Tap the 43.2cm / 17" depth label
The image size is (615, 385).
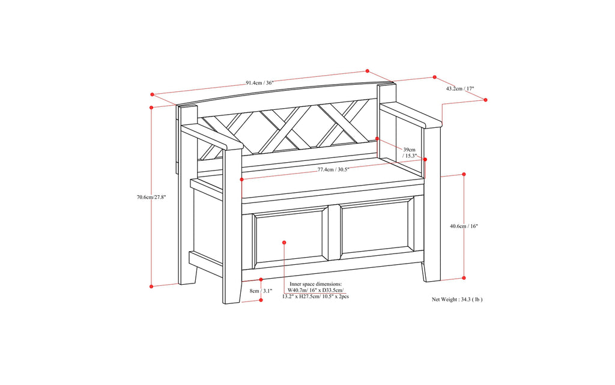pos(460,89)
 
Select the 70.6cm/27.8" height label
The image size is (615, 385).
pos(151,196)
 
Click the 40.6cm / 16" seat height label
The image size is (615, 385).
pos(464,226)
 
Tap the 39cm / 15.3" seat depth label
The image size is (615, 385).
pos(410,152)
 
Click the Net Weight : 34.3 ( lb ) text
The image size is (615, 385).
pos(457,299)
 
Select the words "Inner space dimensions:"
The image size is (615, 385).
pos(315,283)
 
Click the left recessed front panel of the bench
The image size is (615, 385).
pos(288,237)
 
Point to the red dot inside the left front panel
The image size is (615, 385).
pos(284,243)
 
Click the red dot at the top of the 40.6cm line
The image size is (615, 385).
pos(464,174)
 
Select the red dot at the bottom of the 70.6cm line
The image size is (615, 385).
pos(152,286)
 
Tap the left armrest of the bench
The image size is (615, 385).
pos(210,138)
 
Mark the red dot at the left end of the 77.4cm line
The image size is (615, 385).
pos(241,179)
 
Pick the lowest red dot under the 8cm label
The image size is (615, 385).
pos(261,299)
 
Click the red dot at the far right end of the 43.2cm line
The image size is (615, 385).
pos(486,100)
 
